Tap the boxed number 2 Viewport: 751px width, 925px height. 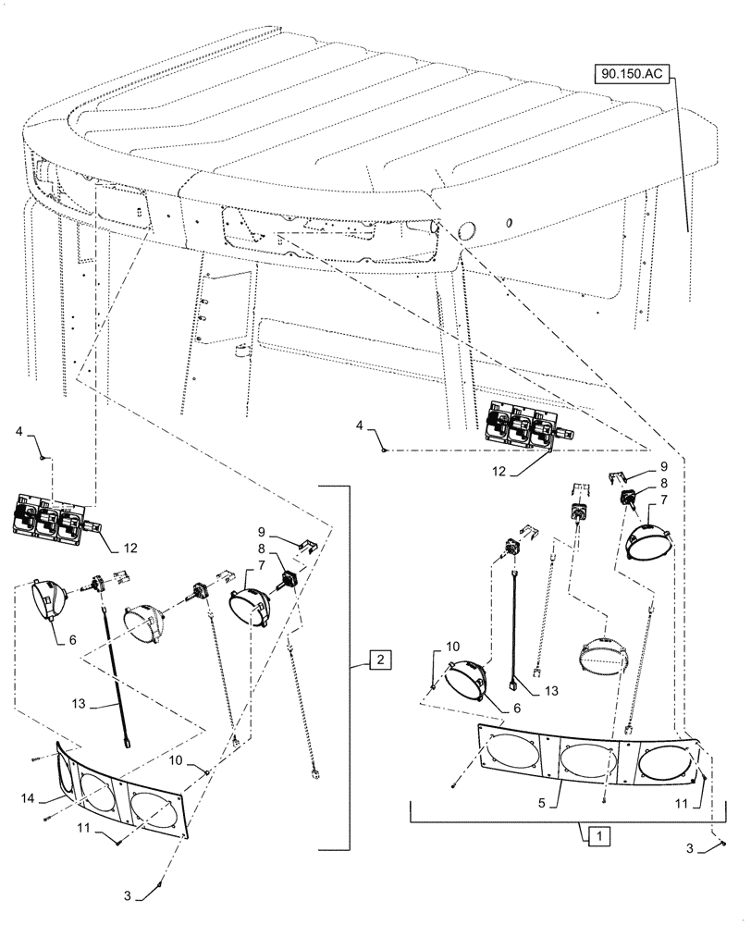[380, 660]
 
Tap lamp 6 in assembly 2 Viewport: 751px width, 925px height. [49, 602]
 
